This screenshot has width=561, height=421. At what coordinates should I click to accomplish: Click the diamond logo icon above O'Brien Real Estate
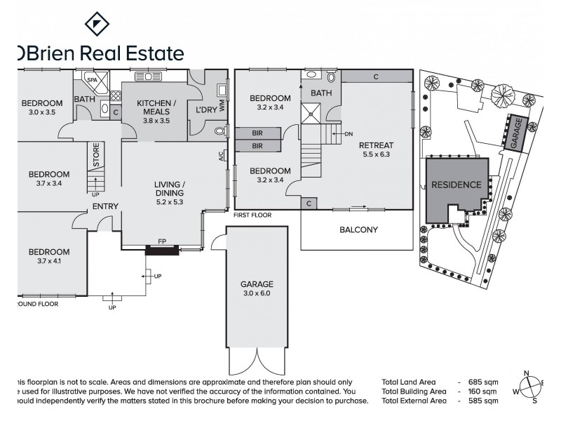pyautogui.click(x=97, y=24)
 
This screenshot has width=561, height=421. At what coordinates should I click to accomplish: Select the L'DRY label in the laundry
pyautogui.click(x=206, y=111)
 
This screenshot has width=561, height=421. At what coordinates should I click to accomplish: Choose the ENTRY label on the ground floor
pyautogui.click(x=104, y=206)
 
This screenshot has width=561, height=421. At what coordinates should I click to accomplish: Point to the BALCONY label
pyautogui.click(x=358, y=229)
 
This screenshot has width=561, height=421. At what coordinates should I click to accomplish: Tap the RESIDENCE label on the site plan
pyautogui.click(x=456, y=185)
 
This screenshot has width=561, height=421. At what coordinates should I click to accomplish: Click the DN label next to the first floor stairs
pyautogui.click(x=349, y=133)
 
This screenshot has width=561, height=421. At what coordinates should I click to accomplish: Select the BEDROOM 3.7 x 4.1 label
pyautogui.click(x=49, y=256)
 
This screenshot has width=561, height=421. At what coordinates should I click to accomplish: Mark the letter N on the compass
pyautogui.click(x=533, y=373)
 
